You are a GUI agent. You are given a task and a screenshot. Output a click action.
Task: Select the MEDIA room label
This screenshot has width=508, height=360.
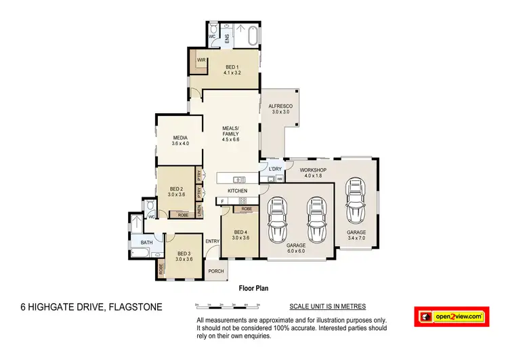click(179, 140)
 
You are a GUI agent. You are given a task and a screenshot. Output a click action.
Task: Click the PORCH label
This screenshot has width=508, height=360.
click(216, 271)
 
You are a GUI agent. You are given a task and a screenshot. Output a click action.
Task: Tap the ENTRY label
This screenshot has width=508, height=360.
click(212, 241)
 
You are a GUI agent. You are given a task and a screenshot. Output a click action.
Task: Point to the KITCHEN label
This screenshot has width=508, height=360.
click(237, 191)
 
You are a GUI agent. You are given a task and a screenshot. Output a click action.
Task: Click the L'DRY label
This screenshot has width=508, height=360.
click(274, 168)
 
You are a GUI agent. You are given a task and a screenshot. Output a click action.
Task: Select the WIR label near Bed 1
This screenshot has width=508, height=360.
click(201, 60)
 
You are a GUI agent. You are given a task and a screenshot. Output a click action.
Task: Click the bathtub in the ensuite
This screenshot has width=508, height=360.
click(253, 35)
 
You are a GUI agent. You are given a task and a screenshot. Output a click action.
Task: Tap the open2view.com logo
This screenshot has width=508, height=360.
click(452, 317)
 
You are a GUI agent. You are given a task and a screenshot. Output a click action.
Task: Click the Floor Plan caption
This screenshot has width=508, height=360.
click(253, 288)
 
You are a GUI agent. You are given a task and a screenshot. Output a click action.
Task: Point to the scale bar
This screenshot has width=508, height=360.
click(227, 306)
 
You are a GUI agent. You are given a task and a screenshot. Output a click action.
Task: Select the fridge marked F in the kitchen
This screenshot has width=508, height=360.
click(221, 201)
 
